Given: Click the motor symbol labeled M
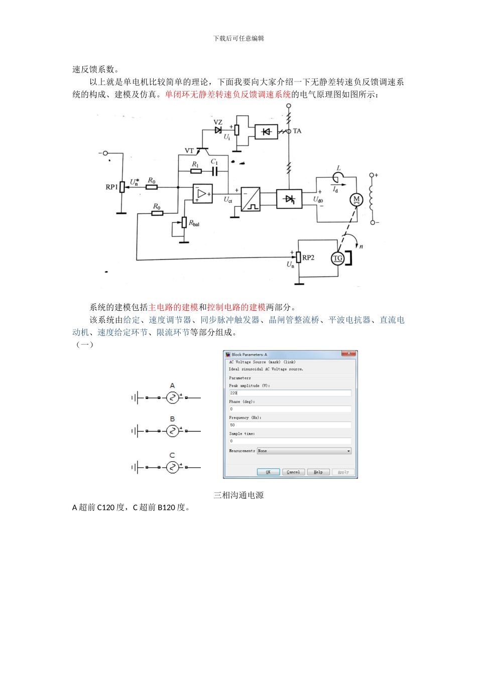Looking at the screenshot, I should [x=356, y=200].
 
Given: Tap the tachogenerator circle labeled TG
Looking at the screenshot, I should [x=338, y=259].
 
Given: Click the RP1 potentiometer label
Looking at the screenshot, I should [x=111, y=187].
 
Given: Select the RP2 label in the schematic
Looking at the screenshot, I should [x=308, y=258].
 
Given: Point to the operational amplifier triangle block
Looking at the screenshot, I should [x=202, y=194].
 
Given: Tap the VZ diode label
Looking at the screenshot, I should [x=218, y=122].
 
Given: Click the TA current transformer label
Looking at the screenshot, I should [x=297, y=131].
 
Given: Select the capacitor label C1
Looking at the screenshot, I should [x=214, y=162].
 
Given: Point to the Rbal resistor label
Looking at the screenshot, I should [x=194, y=223].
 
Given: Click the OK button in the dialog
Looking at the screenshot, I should [x=268, y=472].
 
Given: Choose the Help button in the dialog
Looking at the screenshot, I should [x=318, y=472].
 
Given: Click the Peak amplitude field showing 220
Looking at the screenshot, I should [x=290, y=393].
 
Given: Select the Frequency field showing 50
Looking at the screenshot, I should [x=290, y=425].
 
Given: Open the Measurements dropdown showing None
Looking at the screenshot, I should [x=304, y=451].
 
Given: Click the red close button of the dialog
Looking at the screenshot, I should [x=348, y=354].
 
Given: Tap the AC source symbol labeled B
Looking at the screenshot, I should [x=172, y=431].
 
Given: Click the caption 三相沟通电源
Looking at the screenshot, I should [x=238, y=495].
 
